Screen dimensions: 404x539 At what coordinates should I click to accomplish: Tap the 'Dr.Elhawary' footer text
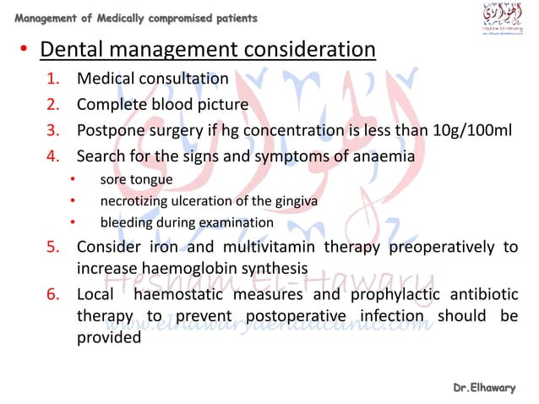point(484,387)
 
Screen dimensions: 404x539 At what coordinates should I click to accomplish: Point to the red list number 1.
point(52,79)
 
